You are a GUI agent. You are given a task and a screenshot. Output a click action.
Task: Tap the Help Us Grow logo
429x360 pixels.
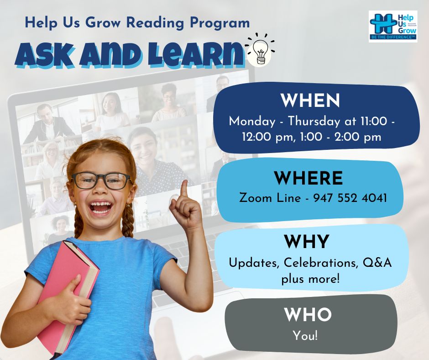[x=393, y=26]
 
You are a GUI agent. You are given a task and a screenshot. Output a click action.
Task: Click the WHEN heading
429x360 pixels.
[x=310, y=101]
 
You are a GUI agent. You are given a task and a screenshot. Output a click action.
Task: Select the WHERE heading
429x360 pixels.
[x=309, y=178]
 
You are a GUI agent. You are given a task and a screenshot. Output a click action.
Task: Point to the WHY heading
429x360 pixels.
[x=306, y=241]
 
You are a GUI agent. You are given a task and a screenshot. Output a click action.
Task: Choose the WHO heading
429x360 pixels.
[x=308, y=314]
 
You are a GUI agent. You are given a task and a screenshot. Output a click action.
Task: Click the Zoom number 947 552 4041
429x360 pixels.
[x=350, y=198]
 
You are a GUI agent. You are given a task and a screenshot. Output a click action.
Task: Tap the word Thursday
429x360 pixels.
[x=314, y=122]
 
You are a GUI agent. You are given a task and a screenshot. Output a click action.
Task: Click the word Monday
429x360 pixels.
[x=252, y=122]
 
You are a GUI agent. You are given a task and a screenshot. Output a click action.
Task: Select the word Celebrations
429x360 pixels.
[x=321, y=263]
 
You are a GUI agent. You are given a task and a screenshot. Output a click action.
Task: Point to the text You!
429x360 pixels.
[x=305, y=336]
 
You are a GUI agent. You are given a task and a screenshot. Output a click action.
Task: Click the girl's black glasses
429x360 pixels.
[x=101, y=181]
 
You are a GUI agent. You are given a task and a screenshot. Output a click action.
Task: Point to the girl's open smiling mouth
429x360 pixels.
[x=101, y=207]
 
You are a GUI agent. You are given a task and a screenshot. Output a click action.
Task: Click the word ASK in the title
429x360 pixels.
[x=44, y=55]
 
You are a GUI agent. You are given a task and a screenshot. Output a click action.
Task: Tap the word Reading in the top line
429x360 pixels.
[x=155, y=22]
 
